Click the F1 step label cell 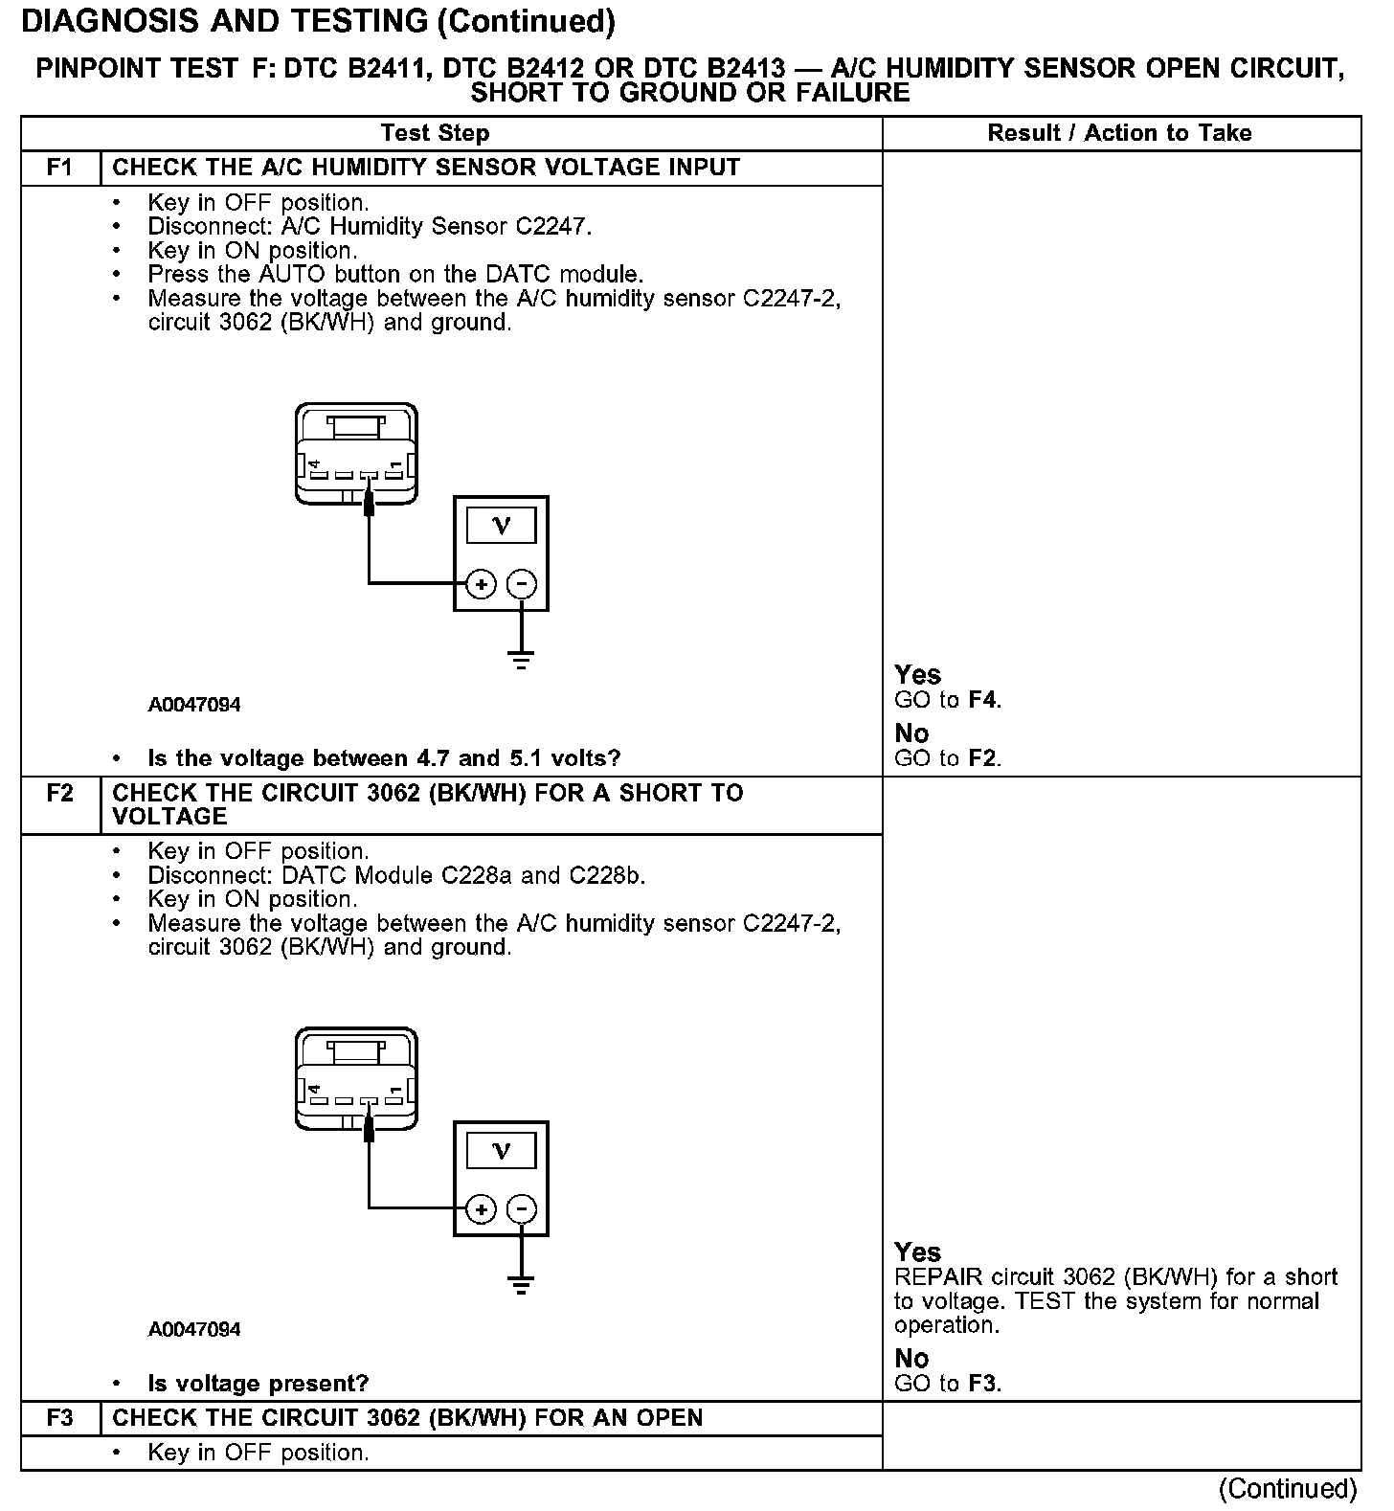tap(59, 168)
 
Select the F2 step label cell tap(59, 794)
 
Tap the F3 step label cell tap(59, 1418)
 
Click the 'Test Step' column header tap(435, 133)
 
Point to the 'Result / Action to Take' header tap(1119, 133)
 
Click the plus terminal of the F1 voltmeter tap(481, 584)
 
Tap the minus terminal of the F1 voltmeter tap(521, 584)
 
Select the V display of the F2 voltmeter tap(501, 1150)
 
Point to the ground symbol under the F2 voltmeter tap(521, 1284)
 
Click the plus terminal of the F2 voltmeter tap(481, 1209)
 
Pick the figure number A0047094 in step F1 tap(194, 705)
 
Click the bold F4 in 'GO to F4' tap(983, 700)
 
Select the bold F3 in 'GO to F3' tap(983, 1384)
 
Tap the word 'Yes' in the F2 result tap(917, 1252)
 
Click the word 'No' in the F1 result tap(911, 733)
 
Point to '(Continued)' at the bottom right tap(1288, 1489)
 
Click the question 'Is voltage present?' tap(259, 1384)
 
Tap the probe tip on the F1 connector tap(369, 502)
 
